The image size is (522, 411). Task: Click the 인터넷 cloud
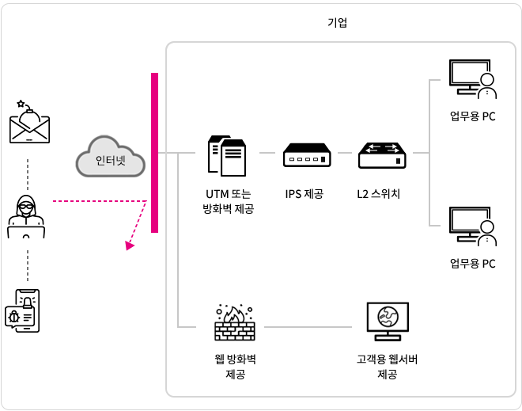point(111,156)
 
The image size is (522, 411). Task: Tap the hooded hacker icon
point(26,216)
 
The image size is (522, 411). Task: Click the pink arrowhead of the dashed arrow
point(129,245)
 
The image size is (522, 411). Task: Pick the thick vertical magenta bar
point(154,153)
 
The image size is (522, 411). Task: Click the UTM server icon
point(227,156)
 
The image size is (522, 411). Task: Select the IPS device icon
point(307,155)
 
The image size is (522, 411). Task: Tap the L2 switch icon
point(382,155)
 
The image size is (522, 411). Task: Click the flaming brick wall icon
point(235,322)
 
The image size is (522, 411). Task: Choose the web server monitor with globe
point(388,322)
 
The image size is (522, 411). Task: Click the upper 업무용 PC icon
point(473,79)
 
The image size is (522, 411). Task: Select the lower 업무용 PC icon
point(473,226)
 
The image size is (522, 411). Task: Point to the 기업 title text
point(337,23)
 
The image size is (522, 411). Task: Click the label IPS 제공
point(304,194)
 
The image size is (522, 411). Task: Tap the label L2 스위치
point(379,194)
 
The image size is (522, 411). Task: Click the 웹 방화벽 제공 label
point(236,367)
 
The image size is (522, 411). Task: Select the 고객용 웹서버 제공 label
point(388,367)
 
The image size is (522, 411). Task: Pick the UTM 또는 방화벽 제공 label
point(229,201)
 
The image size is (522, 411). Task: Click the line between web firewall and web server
point(308,327)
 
